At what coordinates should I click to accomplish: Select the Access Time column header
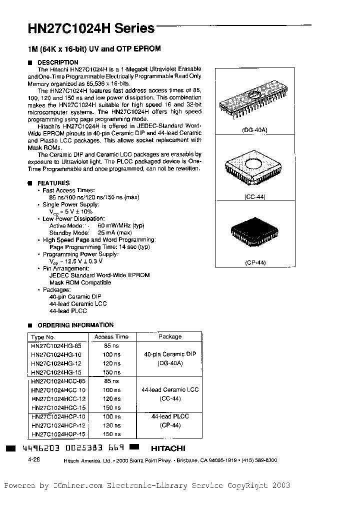pyautogui.click(x=111, y=337)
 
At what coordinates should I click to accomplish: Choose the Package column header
pyautogui.click(x=170, y=337)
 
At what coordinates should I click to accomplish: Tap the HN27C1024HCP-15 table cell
pyautogui.click(x=57, y=434)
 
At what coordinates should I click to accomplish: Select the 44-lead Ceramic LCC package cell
pyautogui.click(x=170, y=389)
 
